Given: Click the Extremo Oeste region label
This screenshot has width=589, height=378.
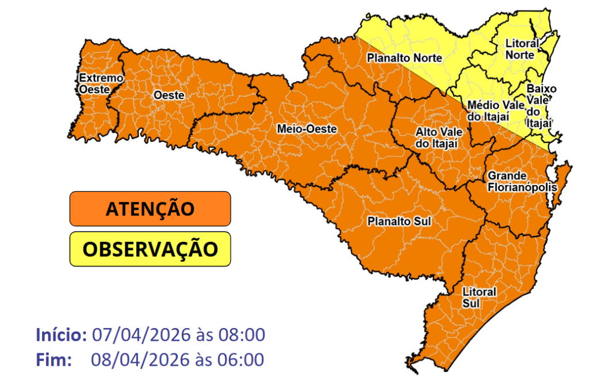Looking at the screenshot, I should pos(93,83).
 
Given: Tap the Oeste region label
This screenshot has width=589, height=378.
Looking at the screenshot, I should pos(169,95).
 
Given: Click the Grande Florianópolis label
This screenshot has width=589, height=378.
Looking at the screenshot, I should pos(522,182).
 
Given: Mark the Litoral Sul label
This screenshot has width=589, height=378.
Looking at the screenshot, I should pos(479,297).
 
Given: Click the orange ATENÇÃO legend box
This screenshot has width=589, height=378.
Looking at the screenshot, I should pos(150,209).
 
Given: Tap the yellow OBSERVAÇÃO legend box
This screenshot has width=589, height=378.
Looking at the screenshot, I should pos(150,249).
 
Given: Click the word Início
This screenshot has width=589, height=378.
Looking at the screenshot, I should pos(60,334).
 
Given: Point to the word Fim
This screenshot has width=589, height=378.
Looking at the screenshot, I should pos(53,360).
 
